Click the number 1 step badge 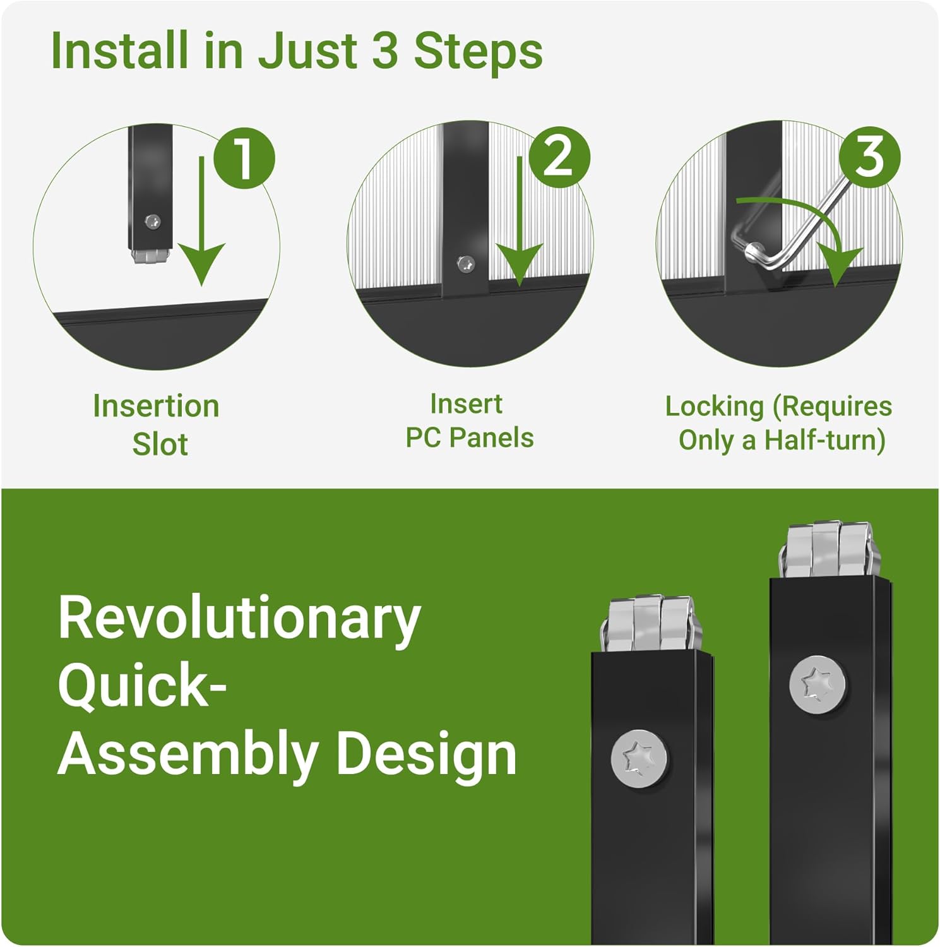(x=244, y=158)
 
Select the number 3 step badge (x=870, y=156)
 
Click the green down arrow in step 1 (x=201, y=221)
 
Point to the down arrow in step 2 (x=519, y=221)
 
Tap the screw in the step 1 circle (x=152, y=222)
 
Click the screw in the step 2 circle (x=466, y=265)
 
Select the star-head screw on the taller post (x=818, y=684)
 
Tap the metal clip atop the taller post (x=830, y=549)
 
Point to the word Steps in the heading (x=478, y=51)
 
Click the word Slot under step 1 (x=160, y=444)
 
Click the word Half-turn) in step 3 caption (x=824, y=440)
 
